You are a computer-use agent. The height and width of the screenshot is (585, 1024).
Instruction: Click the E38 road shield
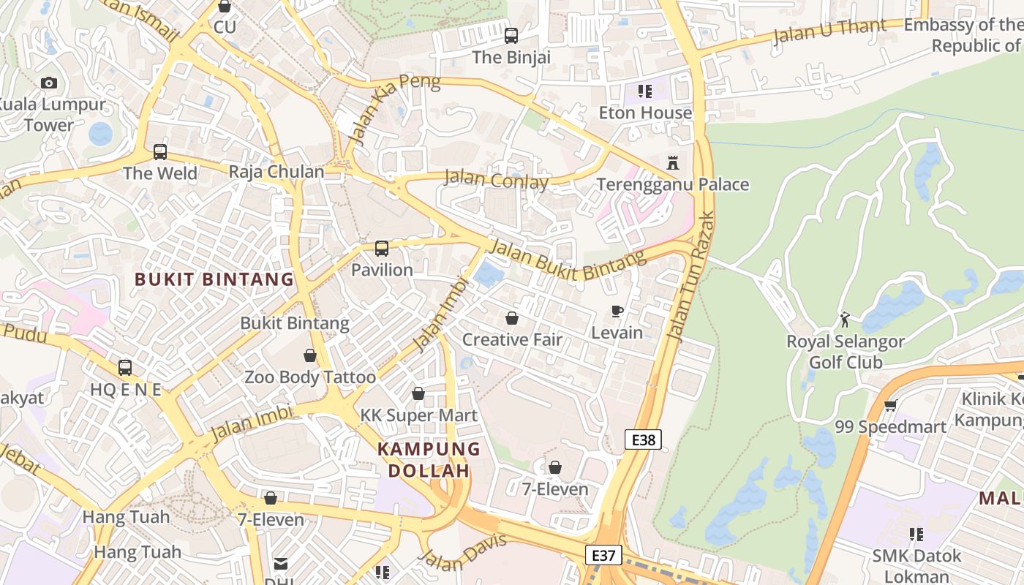644,439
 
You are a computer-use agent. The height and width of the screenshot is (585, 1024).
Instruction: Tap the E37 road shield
603,555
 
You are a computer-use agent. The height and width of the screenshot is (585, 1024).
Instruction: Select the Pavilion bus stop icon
382,249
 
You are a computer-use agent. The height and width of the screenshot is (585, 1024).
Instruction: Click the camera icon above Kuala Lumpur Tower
49,83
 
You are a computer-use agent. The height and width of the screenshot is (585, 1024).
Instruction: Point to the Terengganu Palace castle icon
673,162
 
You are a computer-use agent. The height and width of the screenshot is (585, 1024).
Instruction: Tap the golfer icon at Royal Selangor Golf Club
846,320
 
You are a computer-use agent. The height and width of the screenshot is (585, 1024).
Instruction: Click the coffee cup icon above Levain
617,312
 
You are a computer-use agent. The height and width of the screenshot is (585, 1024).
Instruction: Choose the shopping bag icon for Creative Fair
512,318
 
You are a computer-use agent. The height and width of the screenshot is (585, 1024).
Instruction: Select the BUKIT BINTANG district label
214,279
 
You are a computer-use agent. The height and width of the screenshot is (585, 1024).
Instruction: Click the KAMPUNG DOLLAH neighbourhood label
429,459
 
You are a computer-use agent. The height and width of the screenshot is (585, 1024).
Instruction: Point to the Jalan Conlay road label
496,178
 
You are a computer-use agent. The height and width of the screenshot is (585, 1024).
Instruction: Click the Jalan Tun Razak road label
691,276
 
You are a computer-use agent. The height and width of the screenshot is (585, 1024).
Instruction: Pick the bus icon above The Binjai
511,35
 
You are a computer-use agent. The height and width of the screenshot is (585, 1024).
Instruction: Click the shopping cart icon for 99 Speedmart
890,405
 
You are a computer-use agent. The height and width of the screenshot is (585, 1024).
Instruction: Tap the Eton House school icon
645,91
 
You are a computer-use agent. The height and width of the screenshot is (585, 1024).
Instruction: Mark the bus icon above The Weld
160,152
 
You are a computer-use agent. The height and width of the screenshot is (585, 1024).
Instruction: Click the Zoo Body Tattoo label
310,377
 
